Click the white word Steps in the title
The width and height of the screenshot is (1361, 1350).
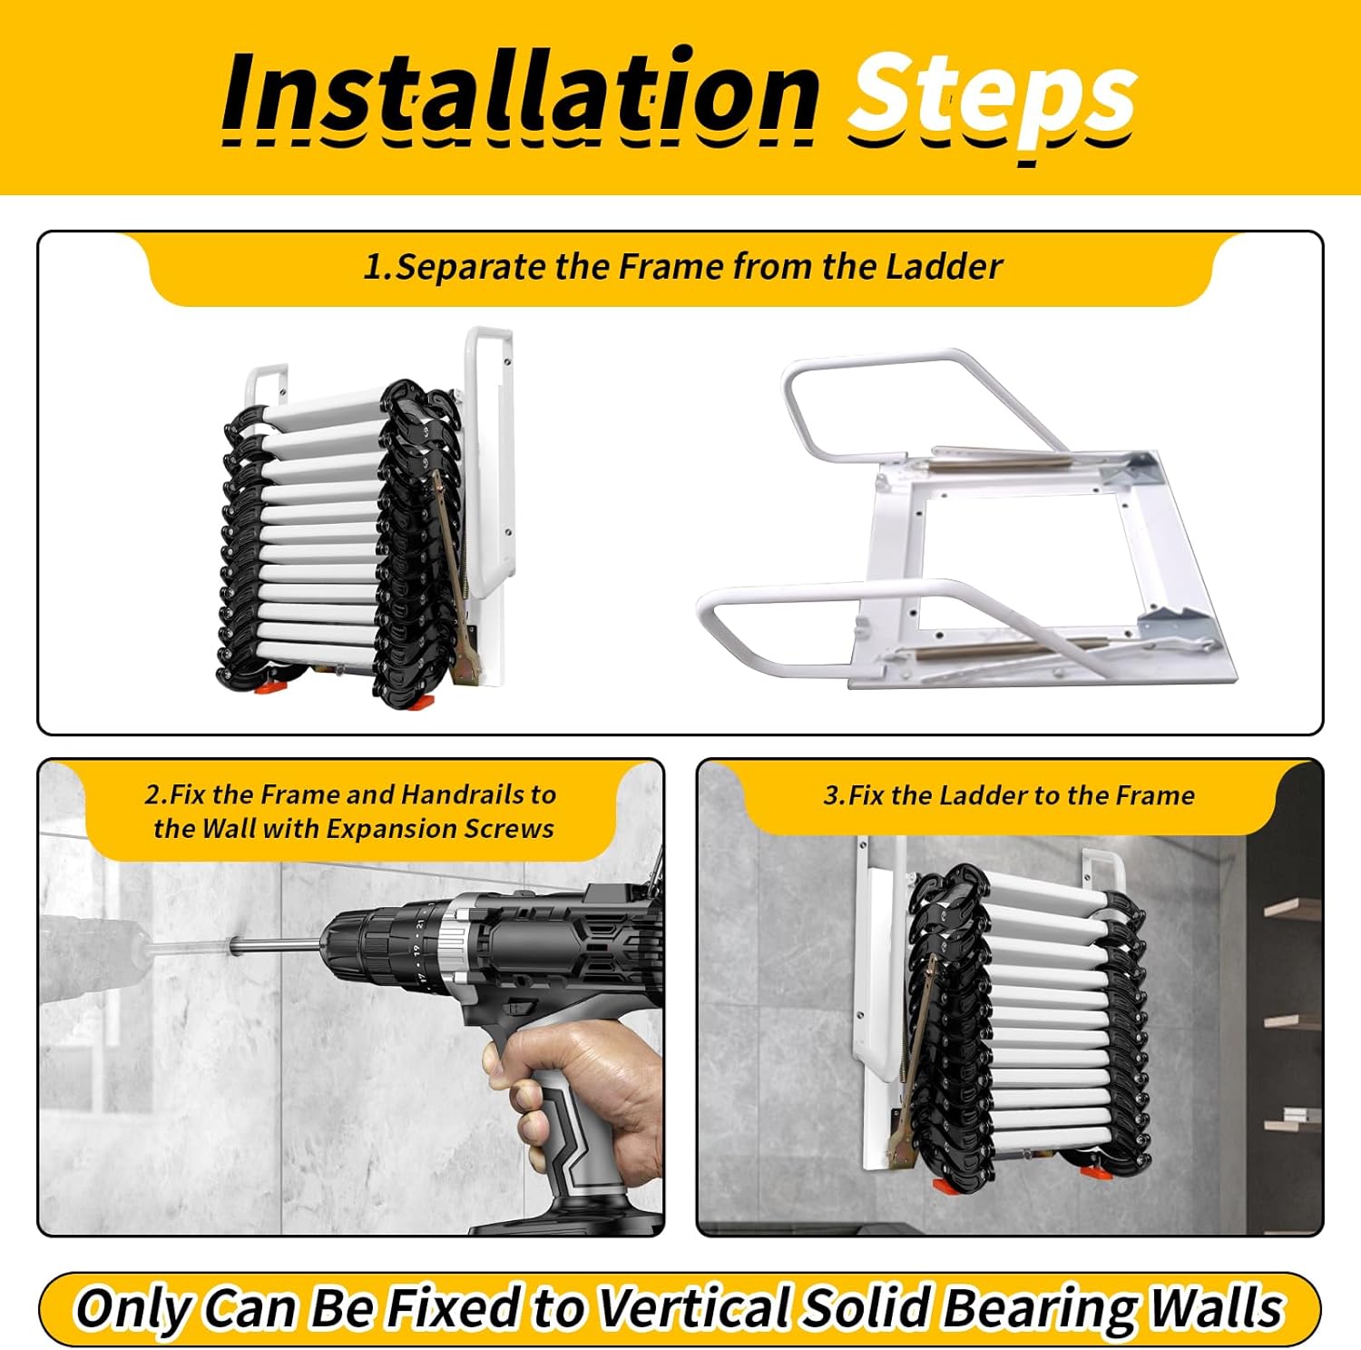(x=991, y=96)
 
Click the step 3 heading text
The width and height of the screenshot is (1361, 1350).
(x=1008, y=795)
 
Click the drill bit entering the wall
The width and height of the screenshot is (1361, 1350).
(x=272, y=947)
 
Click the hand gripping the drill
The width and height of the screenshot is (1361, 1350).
(x=581, y=1089)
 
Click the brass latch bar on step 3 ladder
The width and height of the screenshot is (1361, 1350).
(x=921, y=1026)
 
